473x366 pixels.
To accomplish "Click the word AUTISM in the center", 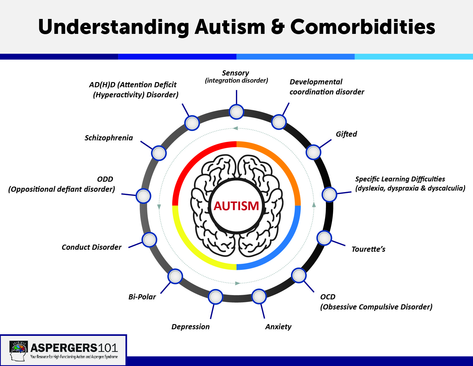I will (x=236, y=206).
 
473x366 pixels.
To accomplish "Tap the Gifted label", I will (x=346, y=134).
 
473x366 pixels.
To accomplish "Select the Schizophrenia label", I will (x=109, y=138).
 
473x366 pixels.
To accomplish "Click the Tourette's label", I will (x=368, y=249).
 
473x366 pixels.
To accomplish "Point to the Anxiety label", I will (x=278, y=327).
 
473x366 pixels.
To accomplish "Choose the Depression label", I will (x=190, y=327).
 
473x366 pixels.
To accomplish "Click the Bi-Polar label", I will (x=142, y=297).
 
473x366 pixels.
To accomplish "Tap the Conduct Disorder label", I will (x=91, y=247).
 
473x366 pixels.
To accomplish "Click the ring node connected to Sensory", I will (x=236, y=112).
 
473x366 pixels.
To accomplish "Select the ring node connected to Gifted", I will (x=313, y=152).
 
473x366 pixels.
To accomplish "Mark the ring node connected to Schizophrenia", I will (x=159, y=153).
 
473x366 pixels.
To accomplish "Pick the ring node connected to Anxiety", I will (x=259, y=297).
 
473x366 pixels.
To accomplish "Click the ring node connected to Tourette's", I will (x=324, y=238).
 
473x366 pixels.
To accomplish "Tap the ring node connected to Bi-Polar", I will (x=175, y=276).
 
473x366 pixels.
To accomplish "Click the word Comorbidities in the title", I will (x=363, y=27).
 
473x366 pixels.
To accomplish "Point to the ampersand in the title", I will (x=277, y=27).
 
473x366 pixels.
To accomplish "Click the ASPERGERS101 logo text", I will (x=74, y=348).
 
